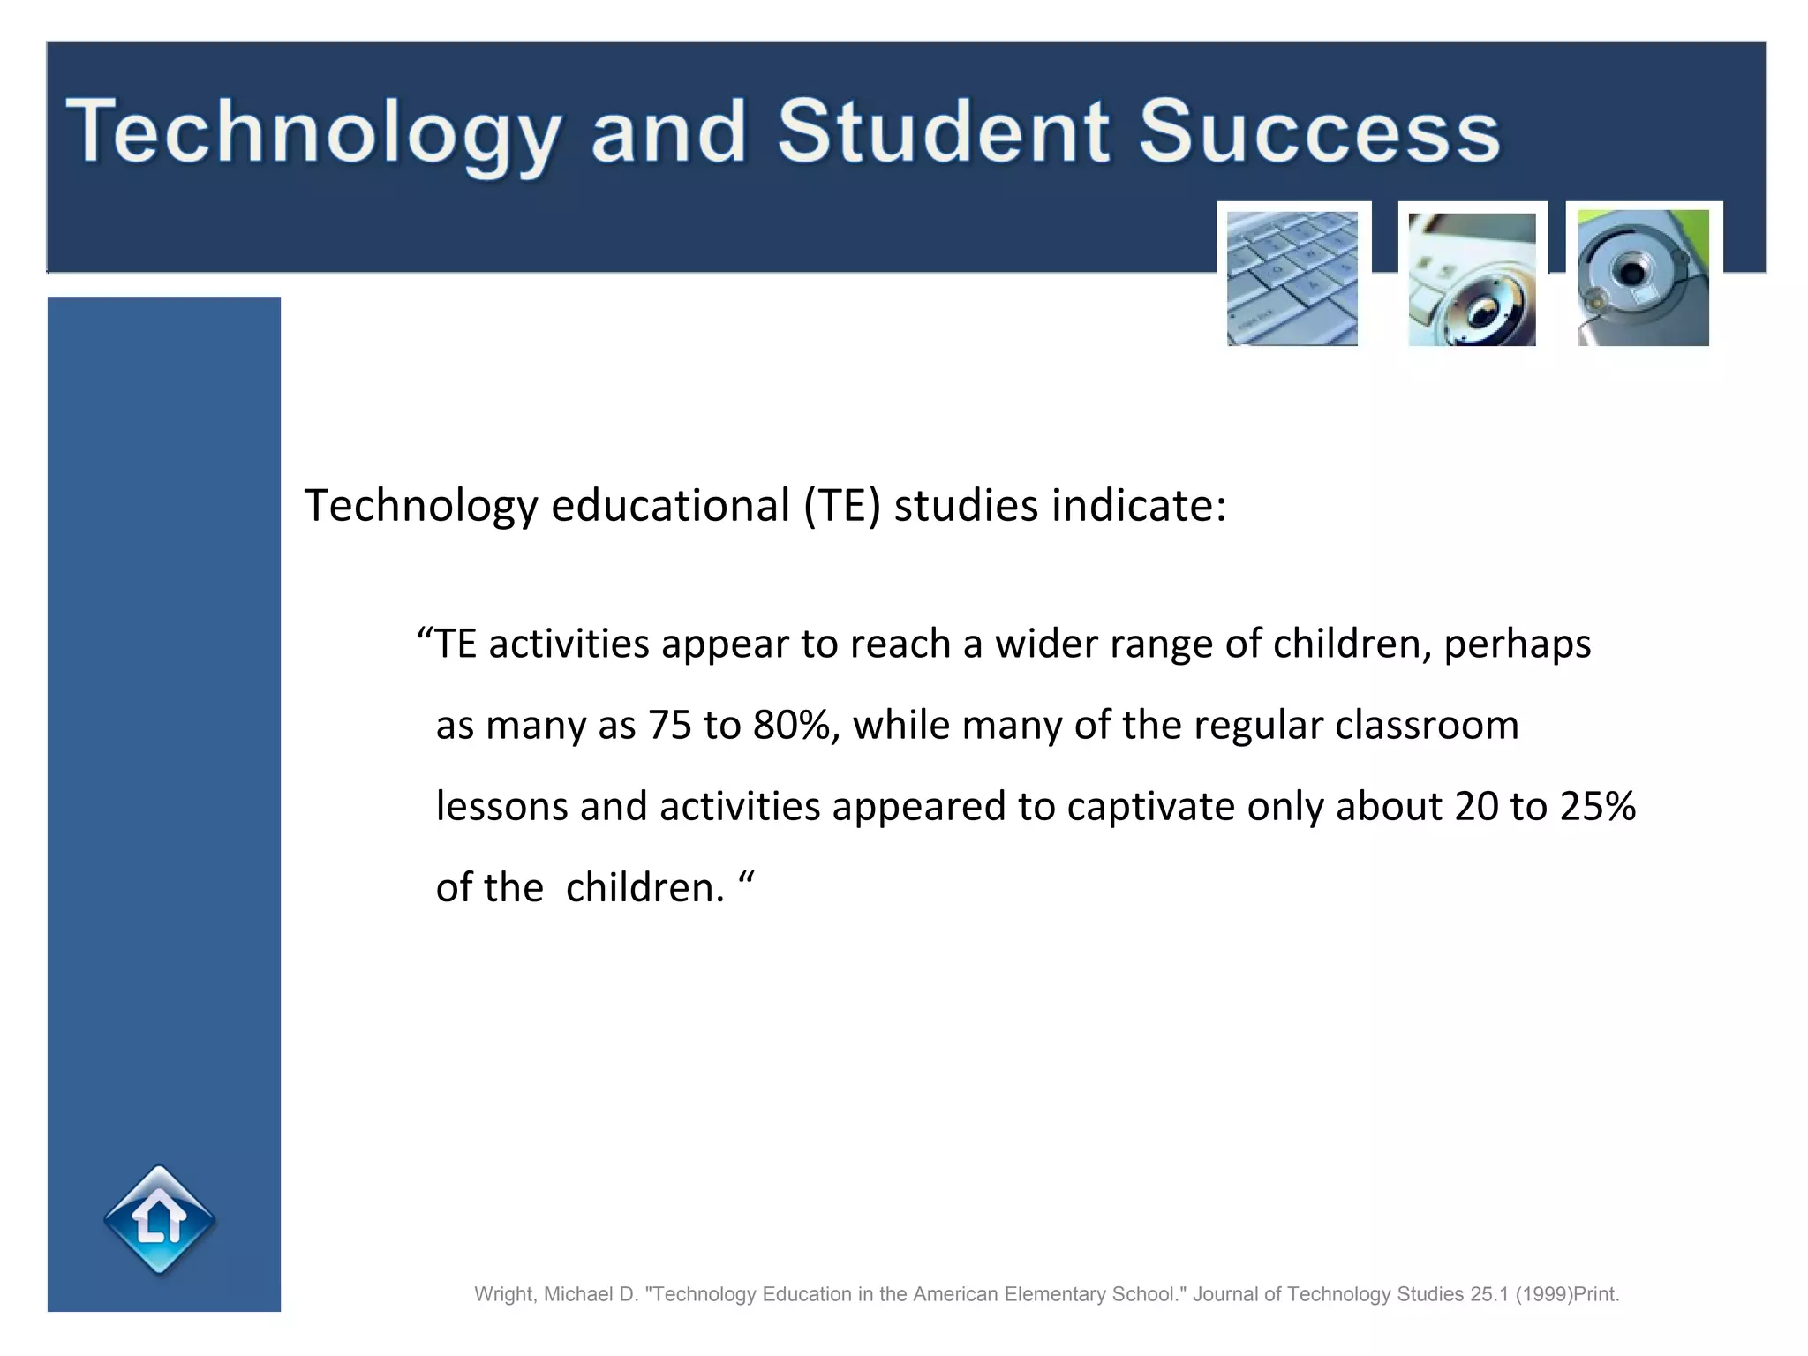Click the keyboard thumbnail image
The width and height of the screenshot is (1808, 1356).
[x=1292, y=278]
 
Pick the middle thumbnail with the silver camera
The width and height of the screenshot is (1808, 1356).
[x=1472, y=279]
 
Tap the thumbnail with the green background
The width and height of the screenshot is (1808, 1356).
[x=1643, y=278]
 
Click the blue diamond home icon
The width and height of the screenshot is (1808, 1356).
[x=160, y=1221]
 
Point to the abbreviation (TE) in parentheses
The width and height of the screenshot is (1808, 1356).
[x=842, y=507]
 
